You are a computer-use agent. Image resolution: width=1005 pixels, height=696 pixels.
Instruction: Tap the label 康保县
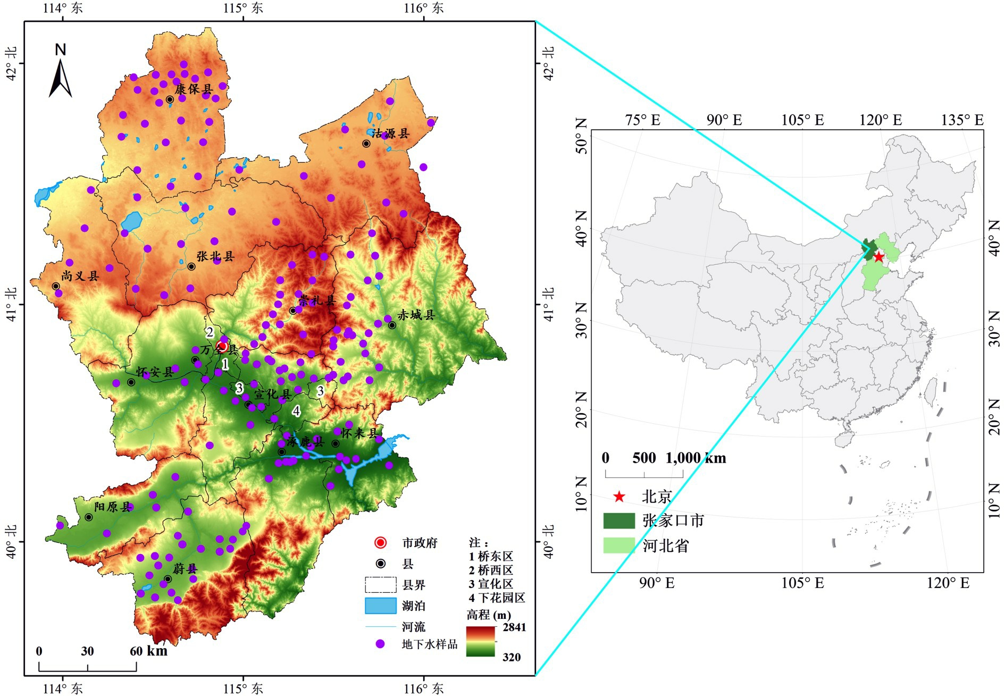[194, 89]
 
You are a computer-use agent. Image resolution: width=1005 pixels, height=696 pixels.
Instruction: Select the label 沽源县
[391, 133]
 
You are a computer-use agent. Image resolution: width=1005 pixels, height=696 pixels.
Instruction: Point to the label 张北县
[215, 256]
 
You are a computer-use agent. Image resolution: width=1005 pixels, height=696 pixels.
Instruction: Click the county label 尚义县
[80, 276]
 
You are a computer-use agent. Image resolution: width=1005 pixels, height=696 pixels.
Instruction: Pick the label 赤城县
[416, 315]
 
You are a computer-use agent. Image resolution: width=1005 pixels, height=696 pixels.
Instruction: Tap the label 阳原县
[113, 507]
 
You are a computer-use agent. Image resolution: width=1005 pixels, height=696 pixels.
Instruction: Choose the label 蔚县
[185, 568]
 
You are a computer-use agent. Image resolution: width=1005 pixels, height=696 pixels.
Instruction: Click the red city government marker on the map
[222, 347]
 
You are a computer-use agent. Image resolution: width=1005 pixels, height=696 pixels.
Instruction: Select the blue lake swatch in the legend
[380, 606]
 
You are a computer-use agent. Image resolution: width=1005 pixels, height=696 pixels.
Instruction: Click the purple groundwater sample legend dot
[380, 644]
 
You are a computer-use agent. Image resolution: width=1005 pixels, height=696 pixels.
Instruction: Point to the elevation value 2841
[514, 627]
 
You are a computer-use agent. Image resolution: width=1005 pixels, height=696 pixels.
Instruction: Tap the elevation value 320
[512, 657]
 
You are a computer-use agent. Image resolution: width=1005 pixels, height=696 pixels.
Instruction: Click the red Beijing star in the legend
[619, 497]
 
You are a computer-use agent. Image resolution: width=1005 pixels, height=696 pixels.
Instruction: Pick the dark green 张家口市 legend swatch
[619, 521]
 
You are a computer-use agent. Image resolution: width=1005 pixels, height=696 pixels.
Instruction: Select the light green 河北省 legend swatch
[619, 546]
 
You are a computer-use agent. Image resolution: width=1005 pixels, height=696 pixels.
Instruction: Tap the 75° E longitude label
[643, 120]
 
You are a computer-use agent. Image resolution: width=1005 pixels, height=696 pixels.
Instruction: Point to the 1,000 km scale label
[696, 458]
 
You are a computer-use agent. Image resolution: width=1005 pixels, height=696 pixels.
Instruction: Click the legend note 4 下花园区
[497, 598]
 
